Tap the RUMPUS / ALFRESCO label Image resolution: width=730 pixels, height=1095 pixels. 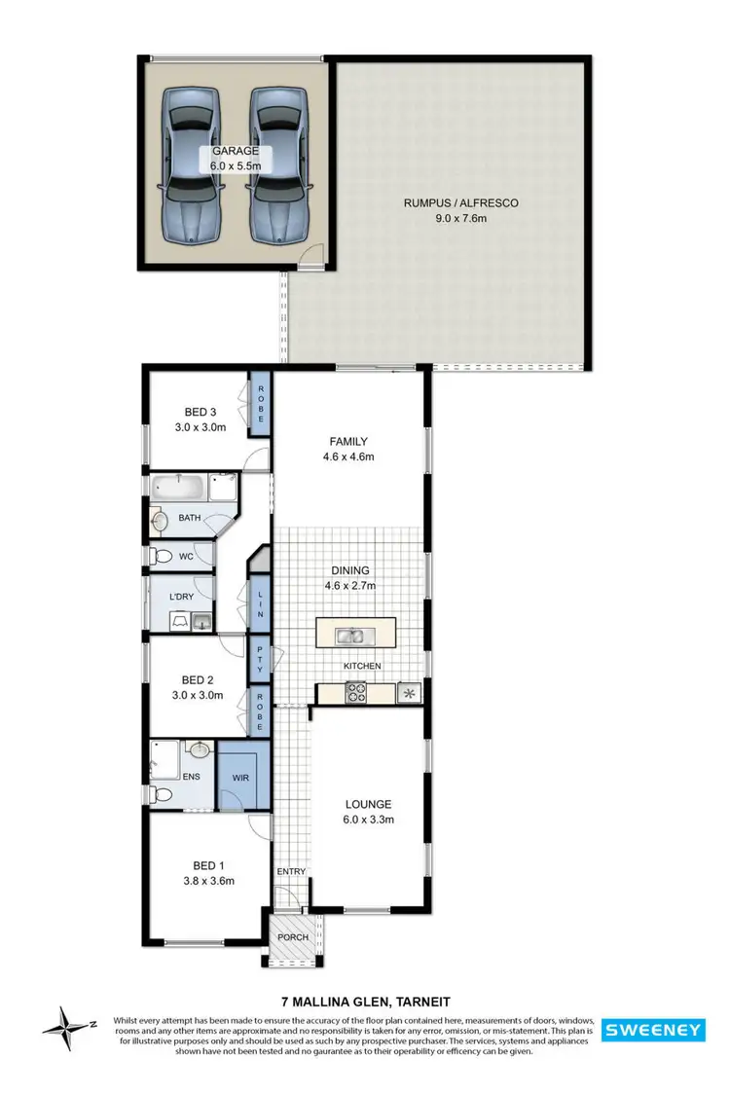(461, 203)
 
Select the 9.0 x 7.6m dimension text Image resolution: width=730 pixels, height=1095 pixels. (461, 219)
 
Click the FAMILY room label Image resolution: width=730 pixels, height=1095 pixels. (347, 441)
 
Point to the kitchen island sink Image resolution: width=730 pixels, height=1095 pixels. (350, 637)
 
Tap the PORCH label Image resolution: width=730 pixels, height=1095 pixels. (293, 938)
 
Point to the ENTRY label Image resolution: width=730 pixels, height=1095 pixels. (291, 871)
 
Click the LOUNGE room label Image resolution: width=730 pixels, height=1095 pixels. (369, 804)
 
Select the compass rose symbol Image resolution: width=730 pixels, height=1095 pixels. (65, 1024)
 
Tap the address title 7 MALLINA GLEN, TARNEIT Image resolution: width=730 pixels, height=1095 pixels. (365, 999)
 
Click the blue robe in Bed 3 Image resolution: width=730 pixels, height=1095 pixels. (261, 405)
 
